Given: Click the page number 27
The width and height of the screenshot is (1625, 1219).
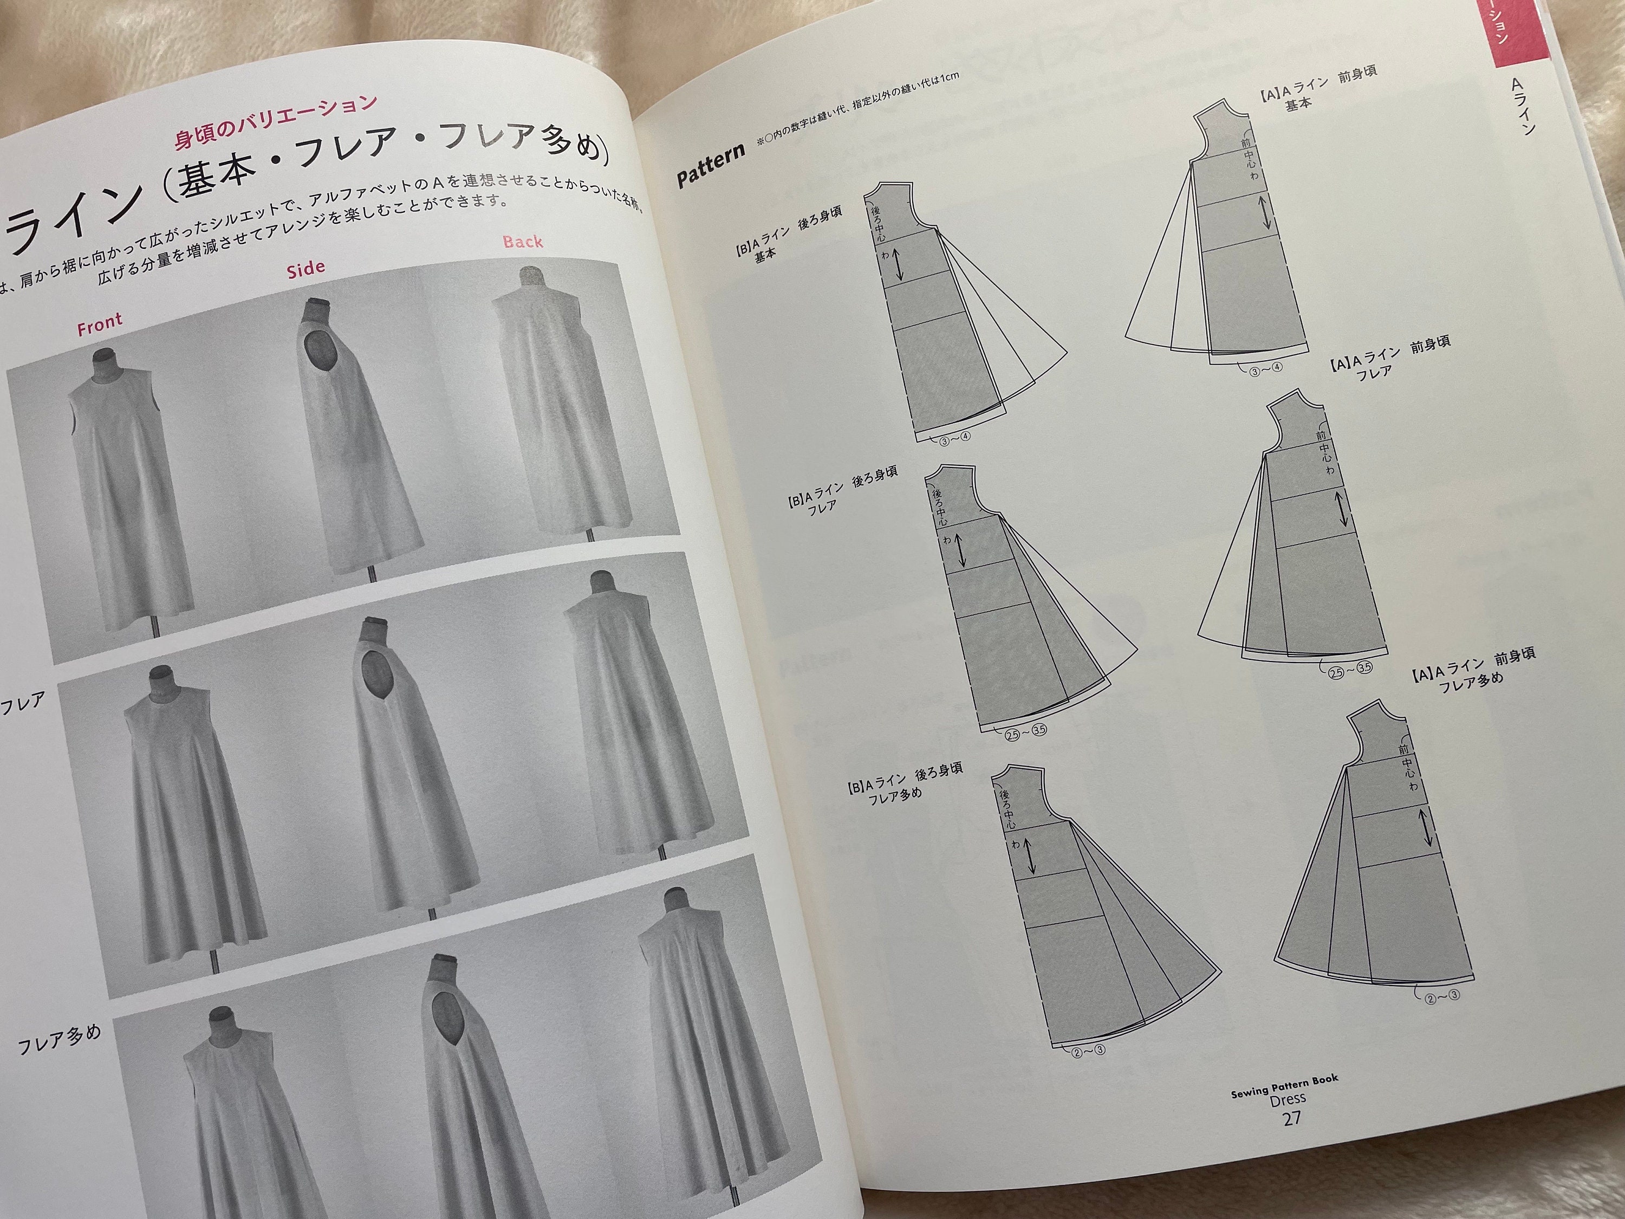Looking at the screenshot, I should click(1291, 1118).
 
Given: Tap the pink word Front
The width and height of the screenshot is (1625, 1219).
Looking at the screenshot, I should click(99, 324).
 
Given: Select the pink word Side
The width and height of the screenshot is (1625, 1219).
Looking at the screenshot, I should click(305, 268).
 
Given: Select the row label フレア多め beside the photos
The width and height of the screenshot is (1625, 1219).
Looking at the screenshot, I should click(58, 1038).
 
